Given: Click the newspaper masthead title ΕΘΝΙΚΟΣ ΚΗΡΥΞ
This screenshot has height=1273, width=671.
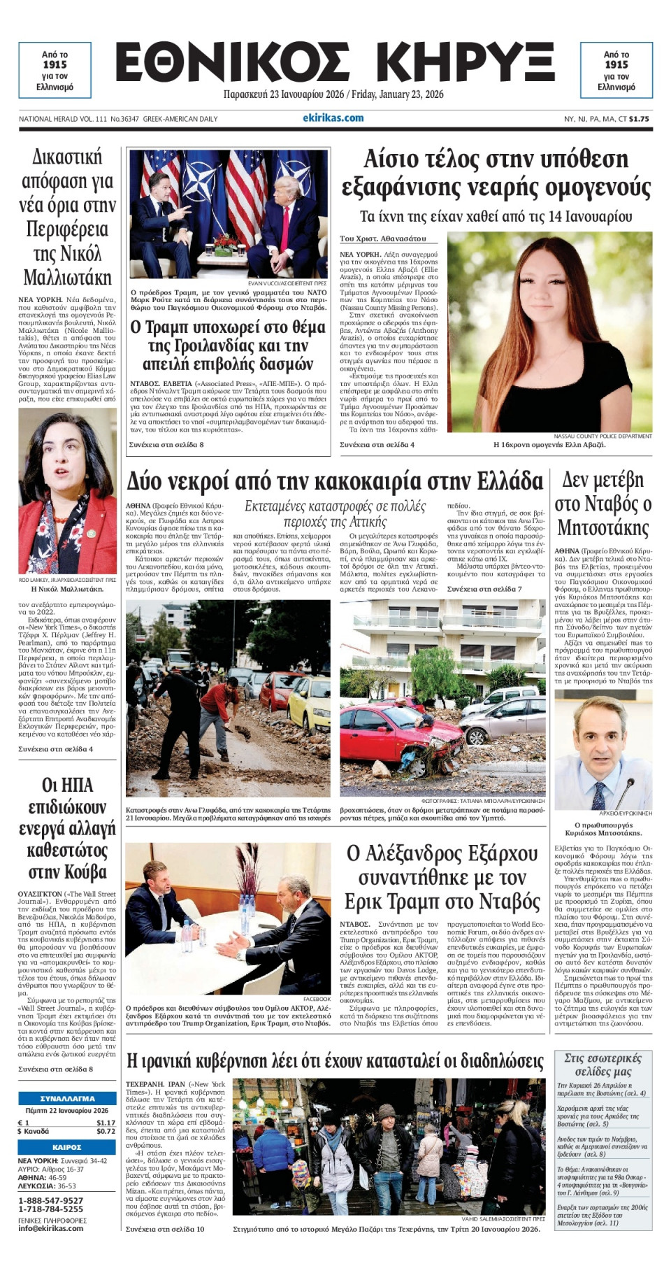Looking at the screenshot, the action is point(335,63).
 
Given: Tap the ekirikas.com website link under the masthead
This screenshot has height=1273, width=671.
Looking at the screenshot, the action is point(333,118).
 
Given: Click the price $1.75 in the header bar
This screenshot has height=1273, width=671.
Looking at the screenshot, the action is point(639,119).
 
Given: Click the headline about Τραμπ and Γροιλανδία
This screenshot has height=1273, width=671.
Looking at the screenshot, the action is point(228,346).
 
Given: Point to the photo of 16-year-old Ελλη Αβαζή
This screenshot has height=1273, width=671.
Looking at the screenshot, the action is point(549,332).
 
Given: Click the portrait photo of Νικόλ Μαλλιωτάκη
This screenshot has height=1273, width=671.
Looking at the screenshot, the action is point(67,492).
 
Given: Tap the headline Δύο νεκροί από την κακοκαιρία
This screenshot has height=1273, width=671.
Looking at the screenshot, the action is point(334,482).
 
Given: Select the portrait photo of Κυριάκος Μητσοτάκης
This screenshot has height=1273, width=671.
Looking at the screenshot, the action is point(603,749).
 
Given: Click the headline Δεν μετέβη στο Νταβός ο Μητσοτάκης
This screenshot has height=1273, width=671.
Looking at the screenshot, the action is point(603,504).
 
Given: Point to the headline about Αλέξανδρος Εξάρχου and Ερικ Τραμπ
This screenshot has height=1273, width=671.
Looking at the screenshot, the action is point(442,877).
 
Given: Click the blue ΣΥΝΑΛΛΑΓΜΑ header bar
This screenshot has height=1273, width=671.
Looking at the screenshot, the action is point(67,1099).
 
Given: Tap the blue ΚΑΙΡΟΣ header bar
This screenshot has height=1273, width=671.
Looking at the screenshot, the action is point(67,1147).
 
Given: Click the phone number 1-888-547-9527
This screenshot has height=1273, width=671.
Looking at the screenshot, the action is point(50,1201).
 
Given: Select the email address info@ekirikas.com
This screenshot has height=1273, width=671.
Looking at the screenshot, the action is point(50,1228).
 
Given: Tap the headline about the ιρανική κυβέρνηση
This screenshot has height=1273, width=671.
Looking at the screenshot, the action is point(334,1062).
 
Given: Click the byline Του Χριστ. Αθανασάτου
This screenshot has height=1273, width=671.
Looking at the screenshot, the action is point(382,239).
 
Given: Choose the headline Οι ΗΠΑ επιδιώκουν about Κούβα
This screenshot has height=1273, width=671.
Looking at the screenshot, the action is point(67,828).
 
